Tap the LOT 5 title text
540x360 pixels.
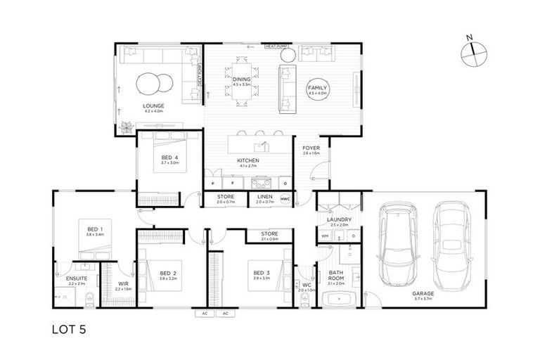coord(70,328)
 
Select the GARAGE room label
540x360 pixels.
coord(423,294)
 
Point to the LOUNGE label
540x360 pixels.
coord(153,106)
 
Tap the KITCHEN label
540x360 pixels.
coord(249,161)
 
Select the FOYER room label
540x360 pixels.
coord(311,148)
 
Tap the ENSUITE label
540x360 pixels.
coord(77,278)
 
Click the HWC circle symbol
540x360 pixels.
coord(285,199)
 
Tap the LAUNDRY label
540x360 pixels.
coord(339,220)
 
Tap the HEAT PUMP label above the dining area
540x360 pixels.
coord(276,47)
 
